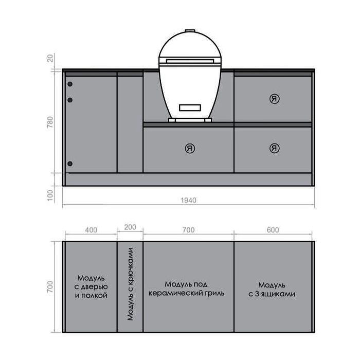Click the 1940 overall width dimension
(188, 200)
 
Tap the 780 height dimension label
(50, 122)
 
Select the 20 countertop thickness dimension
(50, 58)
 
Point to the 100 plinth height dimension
(50, 195)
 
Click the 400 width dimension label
(91, 230)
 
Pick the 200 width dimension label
(130, 227)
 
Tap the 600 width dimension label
(273, 230)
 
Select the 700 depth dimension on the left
(50, 286)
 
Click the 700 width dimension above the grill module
(189, 230)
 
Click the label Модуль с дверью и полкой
(91, 287)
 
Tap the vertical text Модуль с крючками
(130, 284)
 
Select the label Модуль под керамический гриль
(186, 289)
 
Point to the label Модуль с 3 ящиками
(272, 290)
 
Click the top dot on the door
(70, 84)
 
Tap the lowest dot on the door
(70, 164)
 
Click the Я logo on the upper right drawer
(274, 99)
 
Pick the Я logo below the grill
(190, 148)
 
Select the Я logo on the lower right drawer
(274, 148)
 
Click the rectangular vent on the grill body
(190, 107)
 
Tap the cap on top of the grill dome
(190, 31)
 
